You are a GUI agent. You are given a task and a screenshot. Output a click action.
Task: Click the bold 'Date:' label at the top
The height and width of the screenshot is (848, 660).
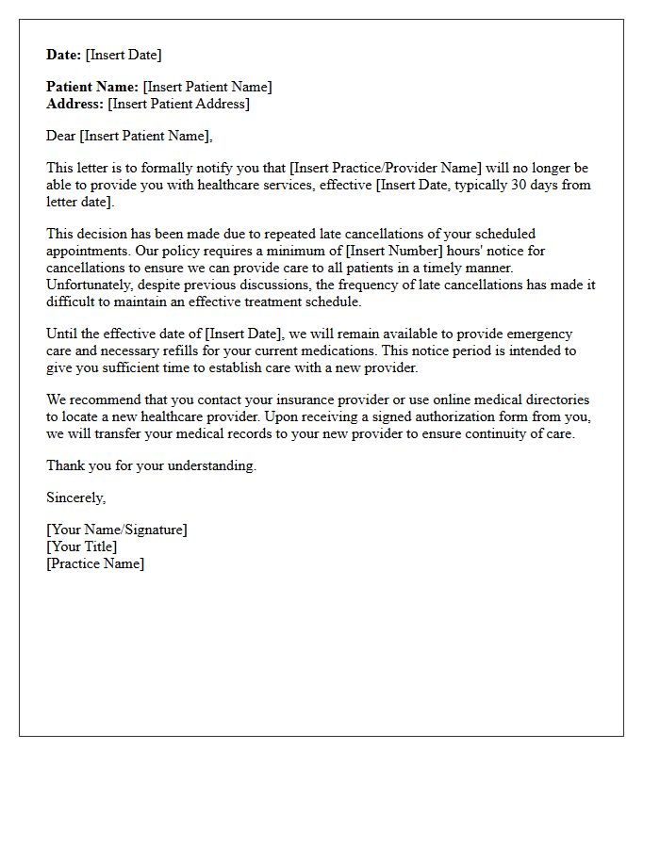tap(64, 55)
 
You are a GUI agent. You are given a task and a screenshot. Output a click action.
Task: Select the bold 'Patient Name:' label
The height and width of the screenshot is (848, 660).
tap(92, 87)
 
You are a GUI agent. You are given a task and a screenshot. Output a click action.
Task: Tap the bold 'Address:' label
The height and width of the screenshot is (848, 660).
tap(75, 104)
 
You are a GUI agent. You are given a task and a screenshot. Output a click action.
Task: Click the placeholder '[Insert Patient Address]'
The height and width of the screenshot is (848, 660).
tap(179, 104)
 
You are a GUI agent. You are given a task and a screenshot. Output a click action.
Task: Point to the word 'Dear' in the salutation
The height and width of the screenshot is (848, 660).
tap(61, 136)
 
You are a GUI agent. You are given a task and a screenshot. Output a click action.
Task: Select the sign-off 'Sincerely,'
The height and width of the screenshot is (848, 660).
tap(76, 497)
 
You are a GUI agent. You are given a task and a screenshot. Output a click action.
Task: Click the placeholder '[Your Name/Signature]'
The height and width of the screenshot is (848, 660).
tap(117, 530)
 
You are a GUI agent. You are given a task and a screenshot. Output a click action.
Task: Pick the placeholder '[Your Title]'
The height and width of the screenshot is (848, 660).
tap(82, 546)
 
